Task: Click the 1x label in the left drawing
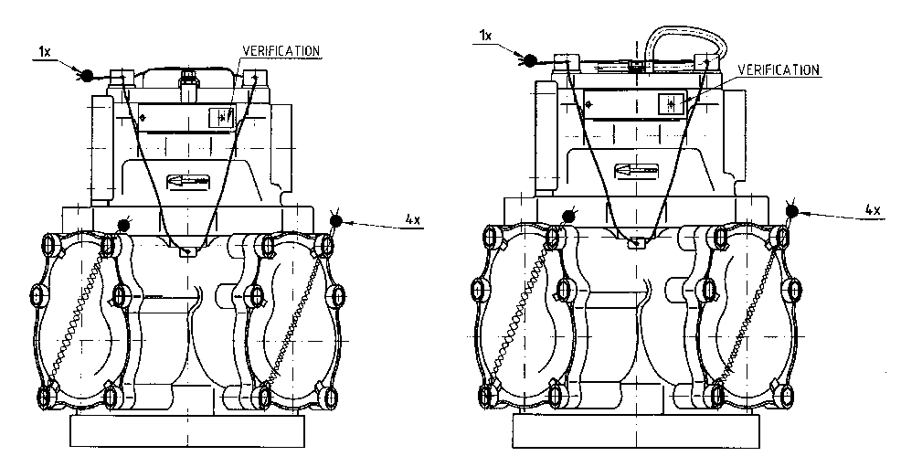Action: pos(44,52)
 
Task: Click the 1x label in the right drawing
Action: pos(485,36)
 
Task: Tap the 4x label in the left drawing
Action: pos(412,219)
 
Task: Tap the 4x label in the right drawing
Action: pos(873,209)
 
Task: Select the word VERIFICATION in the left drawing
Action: pos(281,50)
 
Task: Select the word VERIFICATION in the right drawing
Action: pos(779,70)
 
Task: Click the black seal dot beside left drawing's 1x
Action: pos(86,75)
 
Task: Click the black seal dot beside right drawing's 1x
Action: pos(530,59)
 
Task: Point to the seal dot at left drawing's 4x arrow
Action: pos(335,220)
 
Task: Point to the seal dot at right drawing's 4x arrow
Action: pos(792,211)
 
